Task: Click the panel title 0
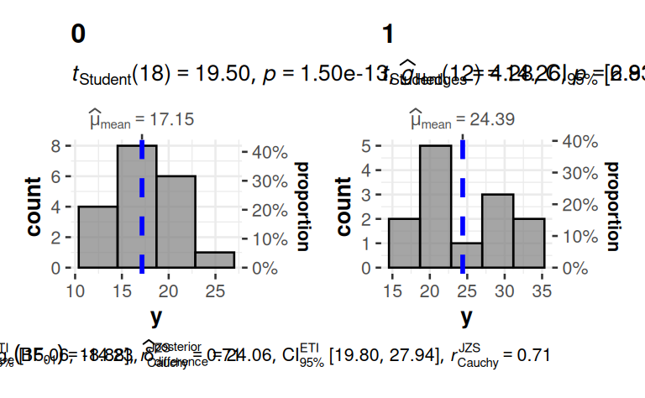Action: [78, 34]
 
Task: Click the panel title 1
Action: [388, 34]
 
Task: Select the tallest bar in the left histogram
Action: [135, 207]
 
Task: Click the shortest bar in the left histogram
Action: [214, 260]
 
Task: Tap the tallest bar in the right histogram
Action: [435, 207]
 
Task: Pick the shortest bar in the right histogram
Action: [466, 255]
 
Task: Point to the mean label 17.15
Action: [142, 120]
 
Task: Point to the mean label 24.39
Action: [463, 120]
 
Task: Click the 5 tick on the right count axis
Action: [377, 146]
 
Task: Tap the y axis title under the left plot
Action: [156, 317]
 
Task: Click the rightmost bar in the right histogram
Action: [528, 244]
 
